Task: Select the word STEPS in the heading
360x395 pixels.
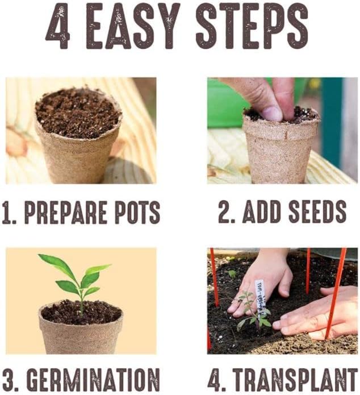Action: click(x=250, y=27)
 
